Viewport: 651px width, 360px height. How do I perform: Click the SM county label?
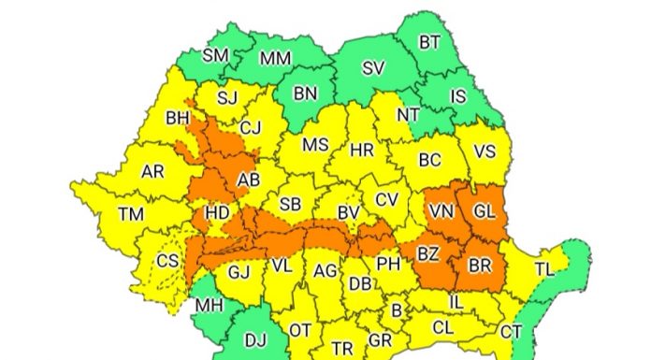[x=216, y=55]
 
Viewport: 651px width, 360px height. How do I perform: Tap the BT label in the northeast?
[x=429, y=41]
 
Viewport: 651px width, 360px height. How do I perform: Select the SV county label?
[x=374, y=67]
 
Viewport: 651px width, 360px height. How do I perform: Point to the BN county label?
[x=306, y=93]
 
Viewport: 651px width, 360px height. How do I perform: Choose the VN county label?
[x=441, y=212]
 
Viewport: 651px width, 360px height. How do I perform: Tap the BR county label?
[x=480, y=266]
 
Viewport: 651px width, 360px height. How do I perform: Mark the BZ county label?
[x=428, y=253]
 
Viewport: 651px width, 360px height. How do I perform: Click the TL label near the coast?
[x=544, y=268]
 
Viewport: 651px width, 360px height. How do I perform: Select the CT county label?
[x=511, y=330]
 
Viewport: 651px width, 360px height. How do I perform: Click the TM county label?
[x=131, y=214]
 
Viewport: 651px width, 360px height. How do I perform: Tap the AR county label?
[x=152, y=172]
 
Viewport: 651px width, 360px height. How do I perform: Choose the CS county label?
[x=167, y=261]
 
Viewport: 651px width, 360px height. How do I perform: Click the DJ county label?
[x=254, y=341]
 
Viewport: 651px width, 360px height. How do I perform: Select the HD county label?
[x=217, y=213]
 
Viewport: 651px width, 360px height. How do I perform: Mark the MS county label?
[x=315, y=145]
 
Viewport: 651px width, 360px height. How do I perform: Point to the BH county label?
[x=177, y=119]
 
